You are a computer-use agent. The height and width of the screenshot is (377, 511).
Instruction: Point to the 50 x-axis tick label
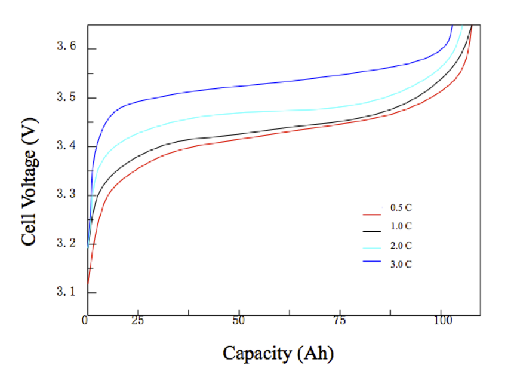[239, 321]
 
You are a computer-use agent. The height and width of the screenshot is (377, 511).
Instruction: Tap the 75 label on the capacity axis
[339, 321]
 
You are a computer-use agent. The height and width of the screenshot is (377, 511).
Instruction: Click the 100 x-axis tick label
[441, 321]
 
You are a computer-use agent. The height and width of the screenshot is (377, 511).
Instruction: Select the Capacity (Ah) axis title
[278, 353]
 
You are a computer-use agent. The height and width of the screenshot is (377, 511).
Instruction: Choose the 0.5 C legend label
[401, 208]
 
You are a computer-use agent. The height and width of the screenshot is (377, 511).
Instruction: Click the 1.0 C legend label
[401, 226]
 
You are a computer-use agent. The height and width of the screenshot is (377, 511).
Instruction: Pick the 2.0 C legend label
[401, 246]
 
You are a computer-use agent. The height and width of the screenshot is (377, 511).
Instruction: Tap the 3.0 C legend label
[401, 264]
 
